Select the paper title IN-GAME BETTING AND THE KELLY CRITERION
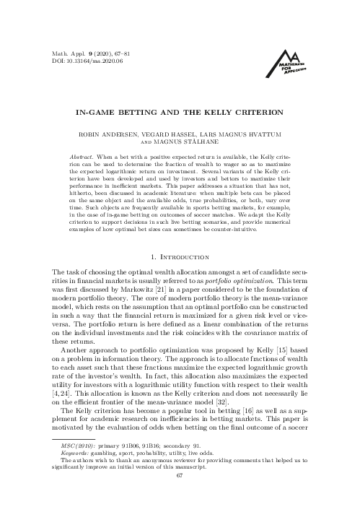point(180,113)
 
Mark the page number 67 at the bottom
point(180,495)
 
